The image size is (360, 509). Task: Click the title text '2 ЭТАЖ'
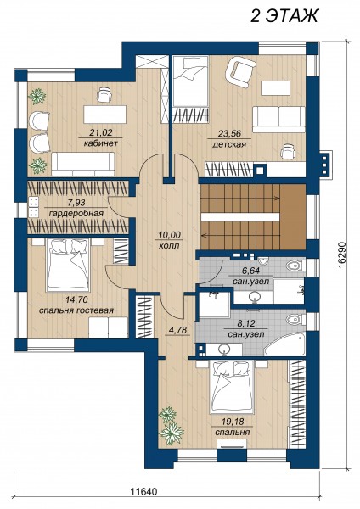[x=284, y=16]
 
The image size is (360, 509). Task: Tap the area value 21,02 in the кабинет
[x=100, y=132]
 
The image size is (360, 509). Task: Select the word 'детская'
[x=229, y=144]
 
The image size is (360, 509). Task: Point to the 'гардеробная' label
[x=76, y=213]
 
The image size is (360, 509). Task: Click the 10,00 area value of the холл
[x=169, y=235]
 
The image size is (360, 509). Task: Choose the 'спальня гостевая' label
[x=76, y=310]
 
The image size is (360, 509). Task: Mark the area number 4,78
[x=177, y=331]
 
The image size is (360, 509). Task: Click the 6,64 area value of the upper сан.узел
[x=250, y=271]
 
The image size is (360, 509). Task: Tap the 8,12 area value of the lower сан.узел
[x=245, y=324]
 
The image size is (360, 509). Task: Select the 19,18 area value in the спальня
[x=232, y=422]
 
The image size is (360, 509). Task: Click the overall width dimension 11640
[x=143, y=492]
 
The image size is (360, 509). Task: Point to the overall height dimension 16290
[x=341, y=255]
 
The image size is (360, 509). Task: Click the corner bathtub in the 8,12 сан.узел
[x=285, y=344]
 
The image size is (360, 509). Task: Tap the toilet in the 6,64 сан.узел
[x=295, y=266]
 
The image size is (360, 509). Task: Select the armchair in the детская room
[x=240, y=72]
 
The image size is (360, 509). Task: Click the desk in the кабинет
[x=105, y=115]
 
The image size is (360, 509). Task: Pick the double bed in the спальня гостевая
[x=68, y=265]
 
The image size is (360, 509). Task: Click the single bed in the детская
[x=190, y=81]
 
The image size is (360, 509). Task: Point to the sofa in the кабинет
[x=83, y=165]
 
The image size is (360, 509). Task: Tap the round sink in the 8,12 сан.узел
[x=224, y=350]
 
